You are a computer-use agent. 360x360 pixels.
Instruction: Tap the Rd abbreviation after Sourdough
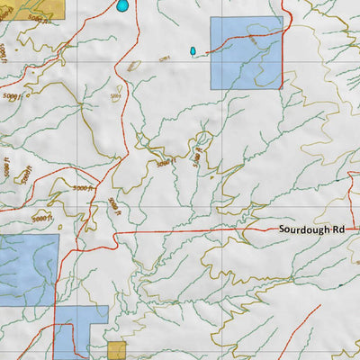coord(338,229)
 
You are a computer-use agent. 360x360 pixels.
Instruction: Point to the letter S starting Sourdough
coord(281,229)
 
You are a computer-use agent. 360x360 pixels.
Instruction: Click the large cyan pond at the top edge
coord(121,5)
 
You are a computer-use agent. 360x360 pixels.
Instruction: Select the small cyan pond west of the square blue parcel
coord(192,50)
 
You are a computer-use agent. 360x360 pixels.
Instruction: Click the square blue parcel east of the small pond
coord(246,52)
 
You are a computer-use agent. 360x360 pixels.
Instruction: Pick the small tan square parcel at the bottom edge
coord(116,350)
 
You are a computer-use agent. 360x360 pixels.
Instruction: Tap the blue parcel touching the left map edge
coord(27,268)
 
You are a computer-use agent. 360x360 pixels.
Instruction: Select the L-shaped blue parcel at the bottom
coord(72,333)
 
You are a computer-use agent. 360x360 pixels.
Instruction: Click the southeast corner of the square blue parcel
coord(282,88)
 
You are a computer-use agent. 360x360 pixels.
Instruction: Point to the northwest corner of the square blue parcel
coord(211,16)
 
